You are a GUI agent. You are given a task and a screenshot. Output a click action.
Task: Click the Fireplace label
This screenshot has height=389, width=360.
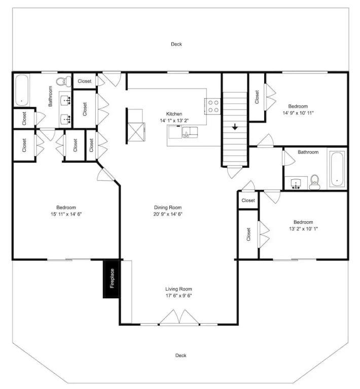click(x=112, y=279)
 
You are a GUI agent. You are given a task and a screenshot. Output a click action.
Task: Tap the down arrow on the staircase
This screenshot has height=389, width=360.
click(x=235, y=127)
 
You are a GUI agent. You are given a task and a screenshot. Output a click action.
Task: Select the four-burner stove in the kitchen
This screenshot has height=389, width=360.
click(x=212, y=106)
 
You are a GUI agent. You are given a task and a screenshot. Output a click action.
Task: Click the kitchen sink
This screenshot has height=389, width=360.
click(x=190, y=132)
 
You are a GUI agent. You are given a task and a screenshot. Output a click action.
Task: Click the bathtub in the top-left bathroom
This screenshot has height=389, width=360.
click(x=22, y=90)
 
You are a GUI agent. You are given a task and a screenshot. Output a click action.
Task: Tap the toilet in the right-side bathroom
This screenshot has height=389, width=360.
click(x=315, y=182)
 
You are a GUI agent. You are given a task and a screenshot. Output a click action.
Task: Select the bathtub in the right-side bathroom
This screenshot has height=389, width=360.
click(x=337, y=169)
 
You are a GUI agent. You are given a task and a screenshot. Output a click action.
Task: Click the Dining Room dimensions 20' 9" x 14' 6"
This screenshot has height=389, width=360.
click(x=168, y=214)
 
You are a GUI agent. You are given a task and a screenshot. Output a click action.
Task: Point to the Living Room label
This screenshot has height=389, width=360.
click(x=179, y=289)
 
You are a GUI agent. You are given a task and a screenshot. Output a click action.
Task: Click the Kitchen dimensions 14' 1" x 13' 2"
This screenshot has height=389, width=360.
click(x=174, y=121)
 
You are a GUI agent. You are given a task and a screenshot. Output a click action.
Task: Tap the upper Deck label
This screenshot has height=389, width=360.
click(x=176, y=44)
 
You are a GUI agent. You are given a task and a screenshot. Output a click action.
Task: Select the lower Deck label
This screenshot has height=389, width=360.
click(x=181, y=356)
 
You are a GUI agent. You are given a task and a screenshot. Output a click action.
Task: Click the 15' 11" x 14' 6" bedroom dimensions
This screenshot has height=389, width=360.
click(x=66, y=214)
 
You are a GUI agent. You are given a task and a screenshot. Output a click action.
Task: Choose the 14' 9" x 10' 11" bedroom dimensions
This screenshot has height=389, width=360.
click(x=298, y=113)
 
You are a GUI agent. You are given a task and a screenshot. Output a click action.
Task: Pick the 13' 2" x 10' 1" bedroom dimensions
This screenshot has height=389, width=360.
click(x=303, y=229)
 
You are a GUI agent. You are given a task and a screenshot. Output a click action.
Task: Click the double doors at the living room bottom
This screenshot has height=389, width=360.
click(x=179, y=317)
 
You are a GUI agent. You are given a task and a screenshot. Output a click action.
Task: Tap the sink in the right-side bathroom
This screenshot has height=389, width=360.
click(x=296, y=183)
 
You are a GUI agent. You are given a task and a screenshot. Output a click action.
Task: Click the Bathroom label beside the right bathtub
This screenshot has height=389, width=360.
click(x=308, y=152)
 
